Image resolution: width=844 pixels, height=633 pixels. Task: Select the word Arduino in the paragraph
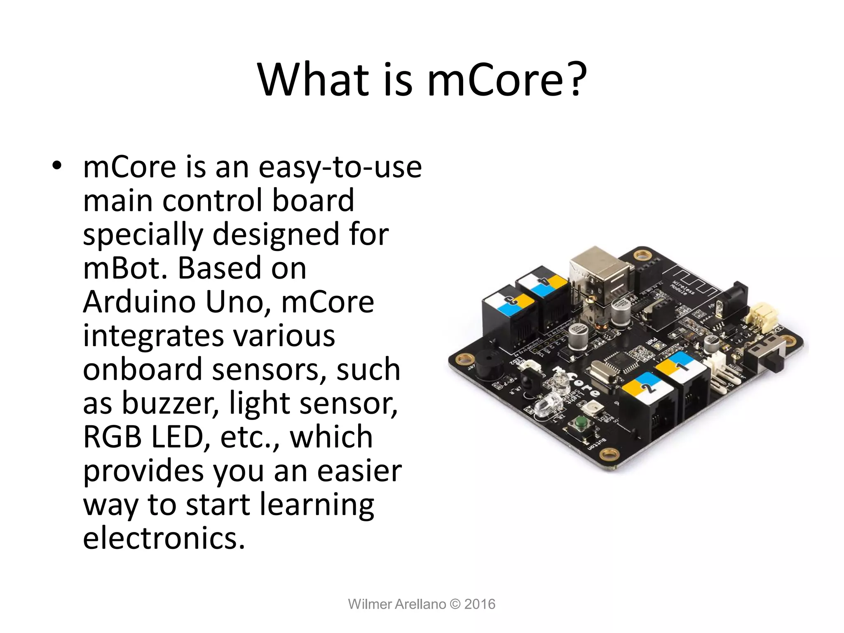tap(140, 302)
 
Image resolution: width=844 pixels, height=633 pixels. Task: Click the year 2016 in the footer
tap(480, 604)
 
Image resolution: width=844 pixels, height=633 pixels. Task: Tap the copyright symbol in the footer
tap(455, 604)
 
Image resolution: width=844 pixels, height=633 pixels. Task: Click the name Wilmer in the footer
tap(369, 604)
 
